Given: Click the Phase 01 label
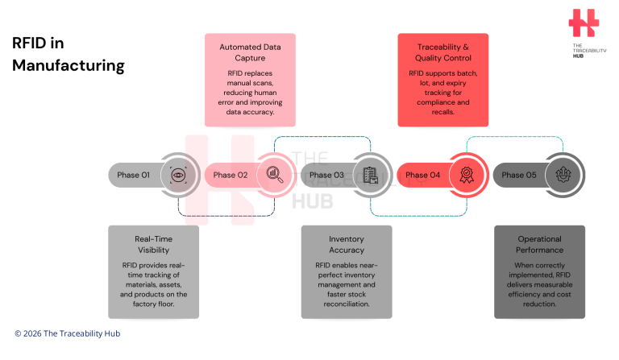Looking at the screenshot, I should [134, 175].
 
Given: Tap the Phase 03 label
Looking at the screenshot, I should [326, 175].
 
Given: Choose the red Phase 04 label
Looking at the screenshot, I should [422, 175].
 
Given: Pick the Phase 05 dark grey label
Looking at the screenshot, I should [518, 175].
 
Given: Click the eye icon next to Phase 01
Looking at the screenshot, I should [177, 175].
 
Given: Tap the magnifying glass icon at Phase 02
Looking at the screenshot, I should [274, 175].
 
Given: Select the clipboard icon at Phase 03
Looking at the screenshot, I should [370, 175].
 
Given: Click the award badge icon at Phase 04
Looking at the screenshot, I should [466, 175].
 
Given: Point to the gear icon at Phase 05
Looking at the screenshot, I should [562, 175].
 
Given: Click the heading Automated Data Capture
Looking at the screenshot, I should [250, 52].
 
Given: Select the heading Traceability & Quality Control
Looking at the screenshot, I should [442, 52].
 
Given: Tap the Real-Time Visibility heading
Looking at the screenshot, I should [153, 244].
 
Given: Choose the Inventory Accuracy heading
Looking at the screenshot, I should [347, 244].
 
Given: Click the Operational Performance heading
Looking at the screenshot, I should [539, 244].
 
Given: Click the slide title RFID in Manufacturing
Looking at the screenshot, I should [69, 54].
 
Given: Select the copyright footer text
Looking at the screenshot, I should [68, 333].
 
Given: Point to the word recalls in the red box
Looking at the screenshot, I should [442, 113].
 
